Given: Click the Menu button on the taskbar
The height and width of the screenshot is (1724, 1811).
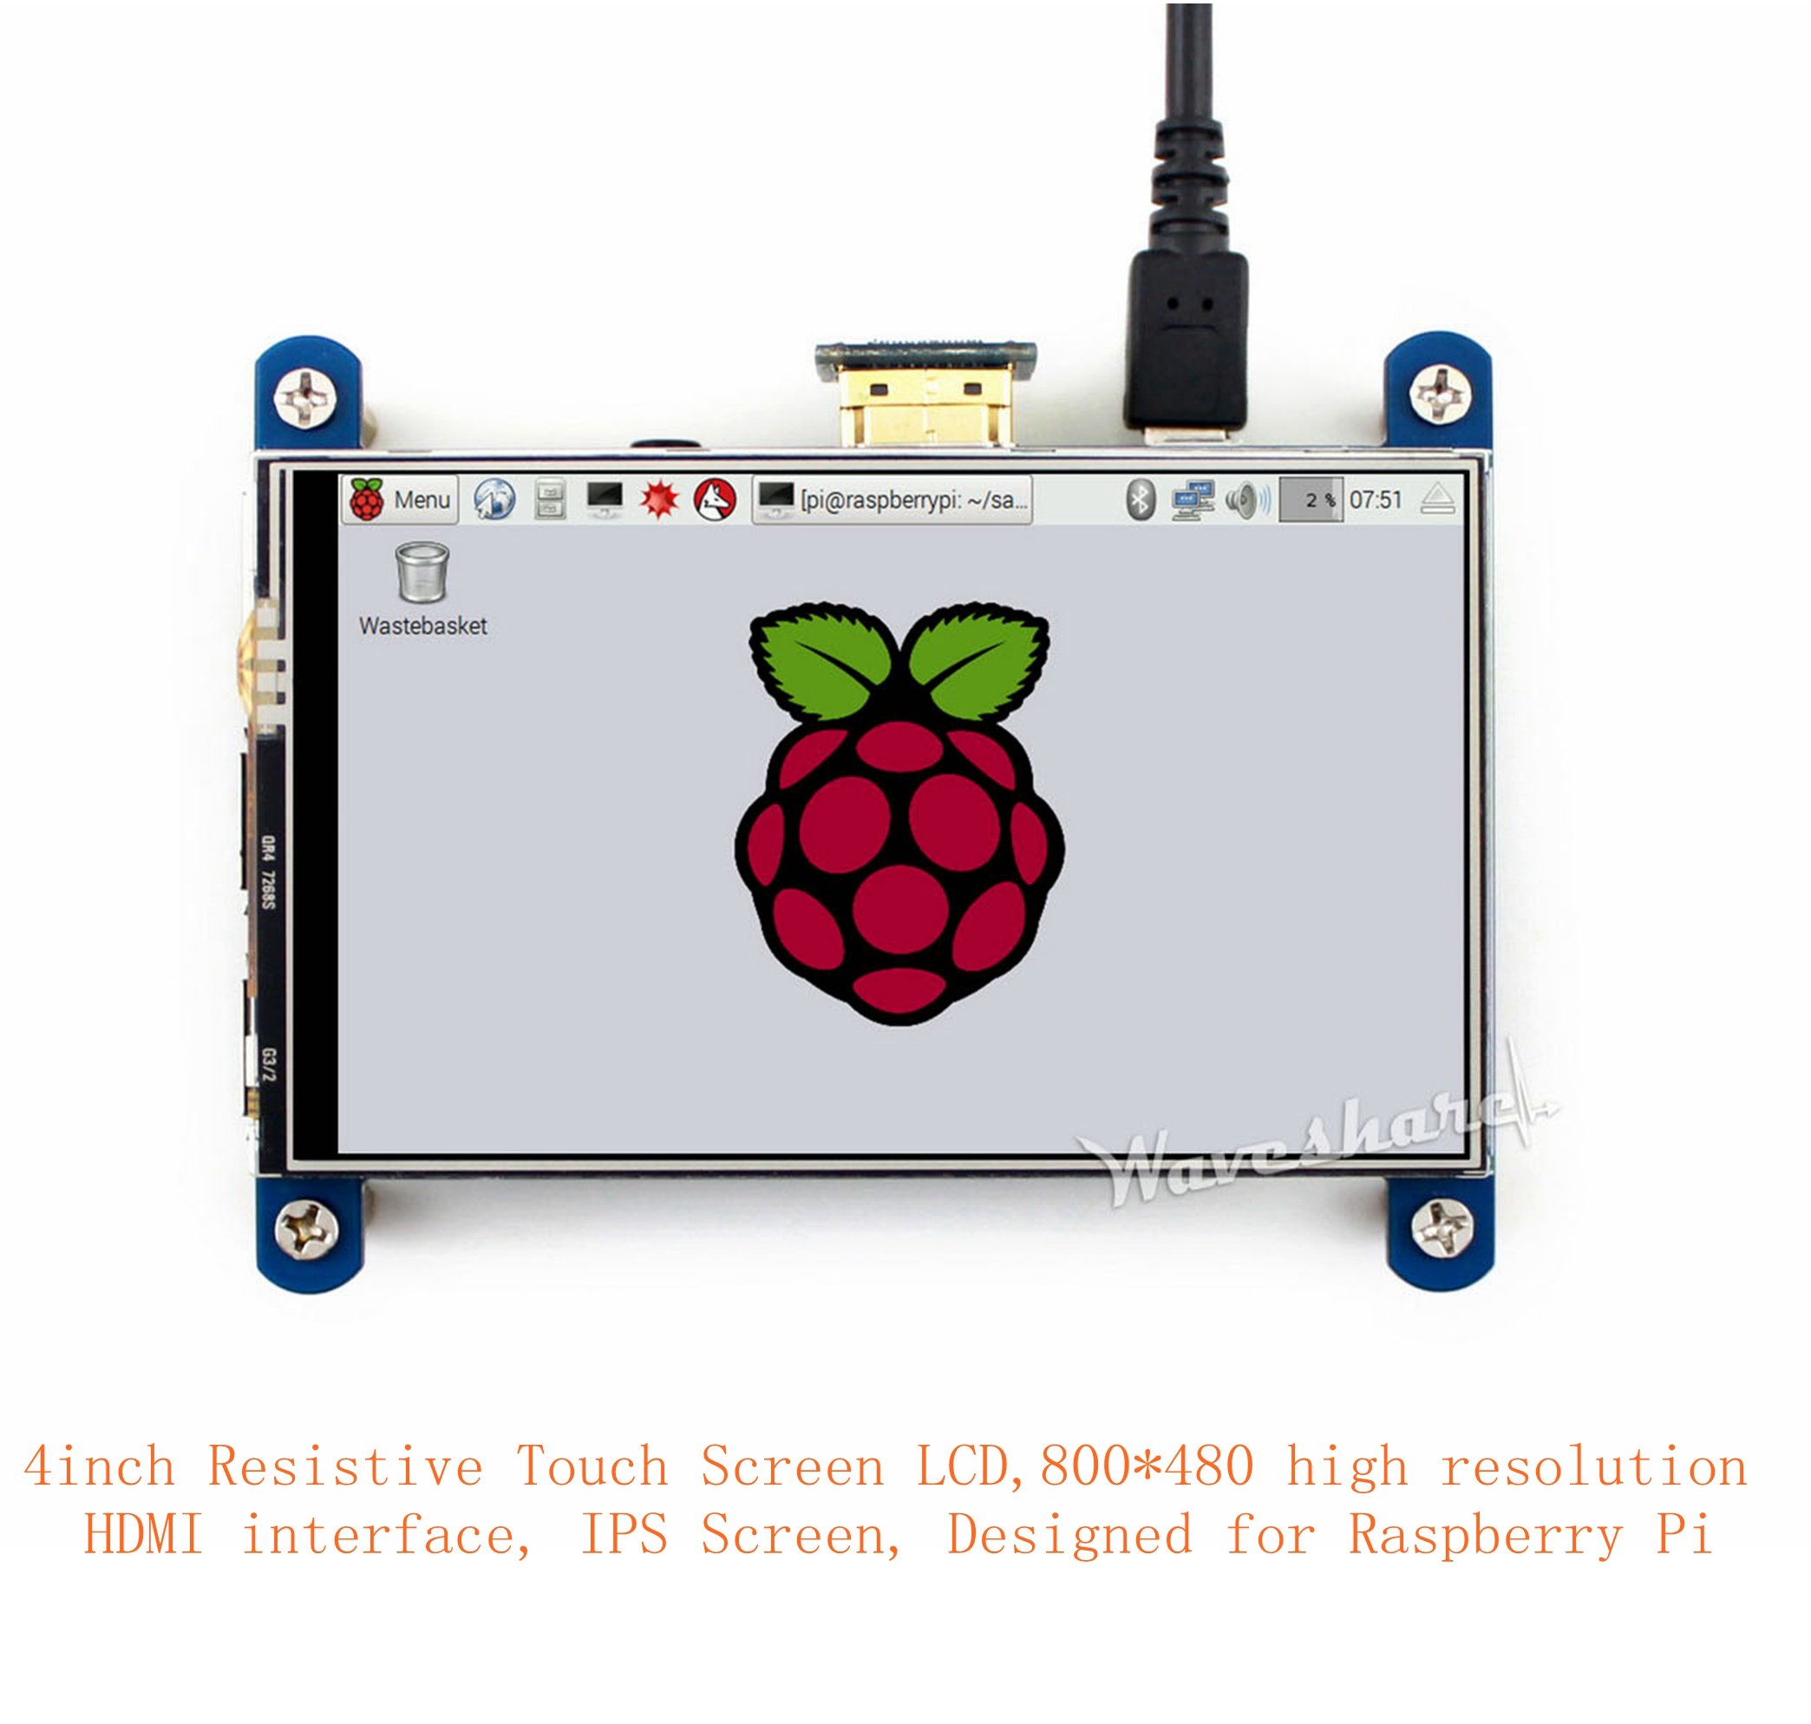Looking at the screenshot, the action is [400, 500].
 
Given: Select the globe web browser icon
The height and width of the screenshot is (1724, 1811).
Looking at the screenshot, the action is [494, 500].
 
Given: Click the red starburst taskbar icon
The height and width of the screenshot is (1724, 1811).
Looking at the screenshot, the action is [659, 500].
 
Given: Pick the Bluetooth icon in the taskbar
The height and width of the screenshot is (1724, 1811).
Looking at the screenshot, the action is [1140, 500].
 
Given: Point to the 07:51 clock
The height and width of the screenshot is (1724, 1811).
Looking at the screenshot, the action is [1376, 500].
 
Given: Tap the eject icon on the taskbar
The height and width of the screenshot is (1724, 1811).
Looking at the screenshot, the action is [1437, 500].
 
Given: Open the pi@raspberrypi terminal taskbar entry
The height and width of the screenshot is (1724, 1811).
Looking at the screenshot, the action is [892, 500].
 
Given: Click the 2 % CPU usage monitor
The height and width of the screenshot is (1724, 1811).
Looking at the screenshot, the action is [1311, 500].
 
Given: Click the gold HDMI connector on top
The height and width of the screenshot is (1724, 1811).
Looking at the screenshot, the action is [926, 404].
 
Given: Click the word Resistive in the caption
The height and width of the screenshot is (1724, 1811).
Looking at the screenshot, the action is [344, 1466].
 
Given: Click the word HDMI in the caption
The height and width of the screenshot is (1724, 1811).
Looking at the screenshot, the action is [143, 1535].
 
